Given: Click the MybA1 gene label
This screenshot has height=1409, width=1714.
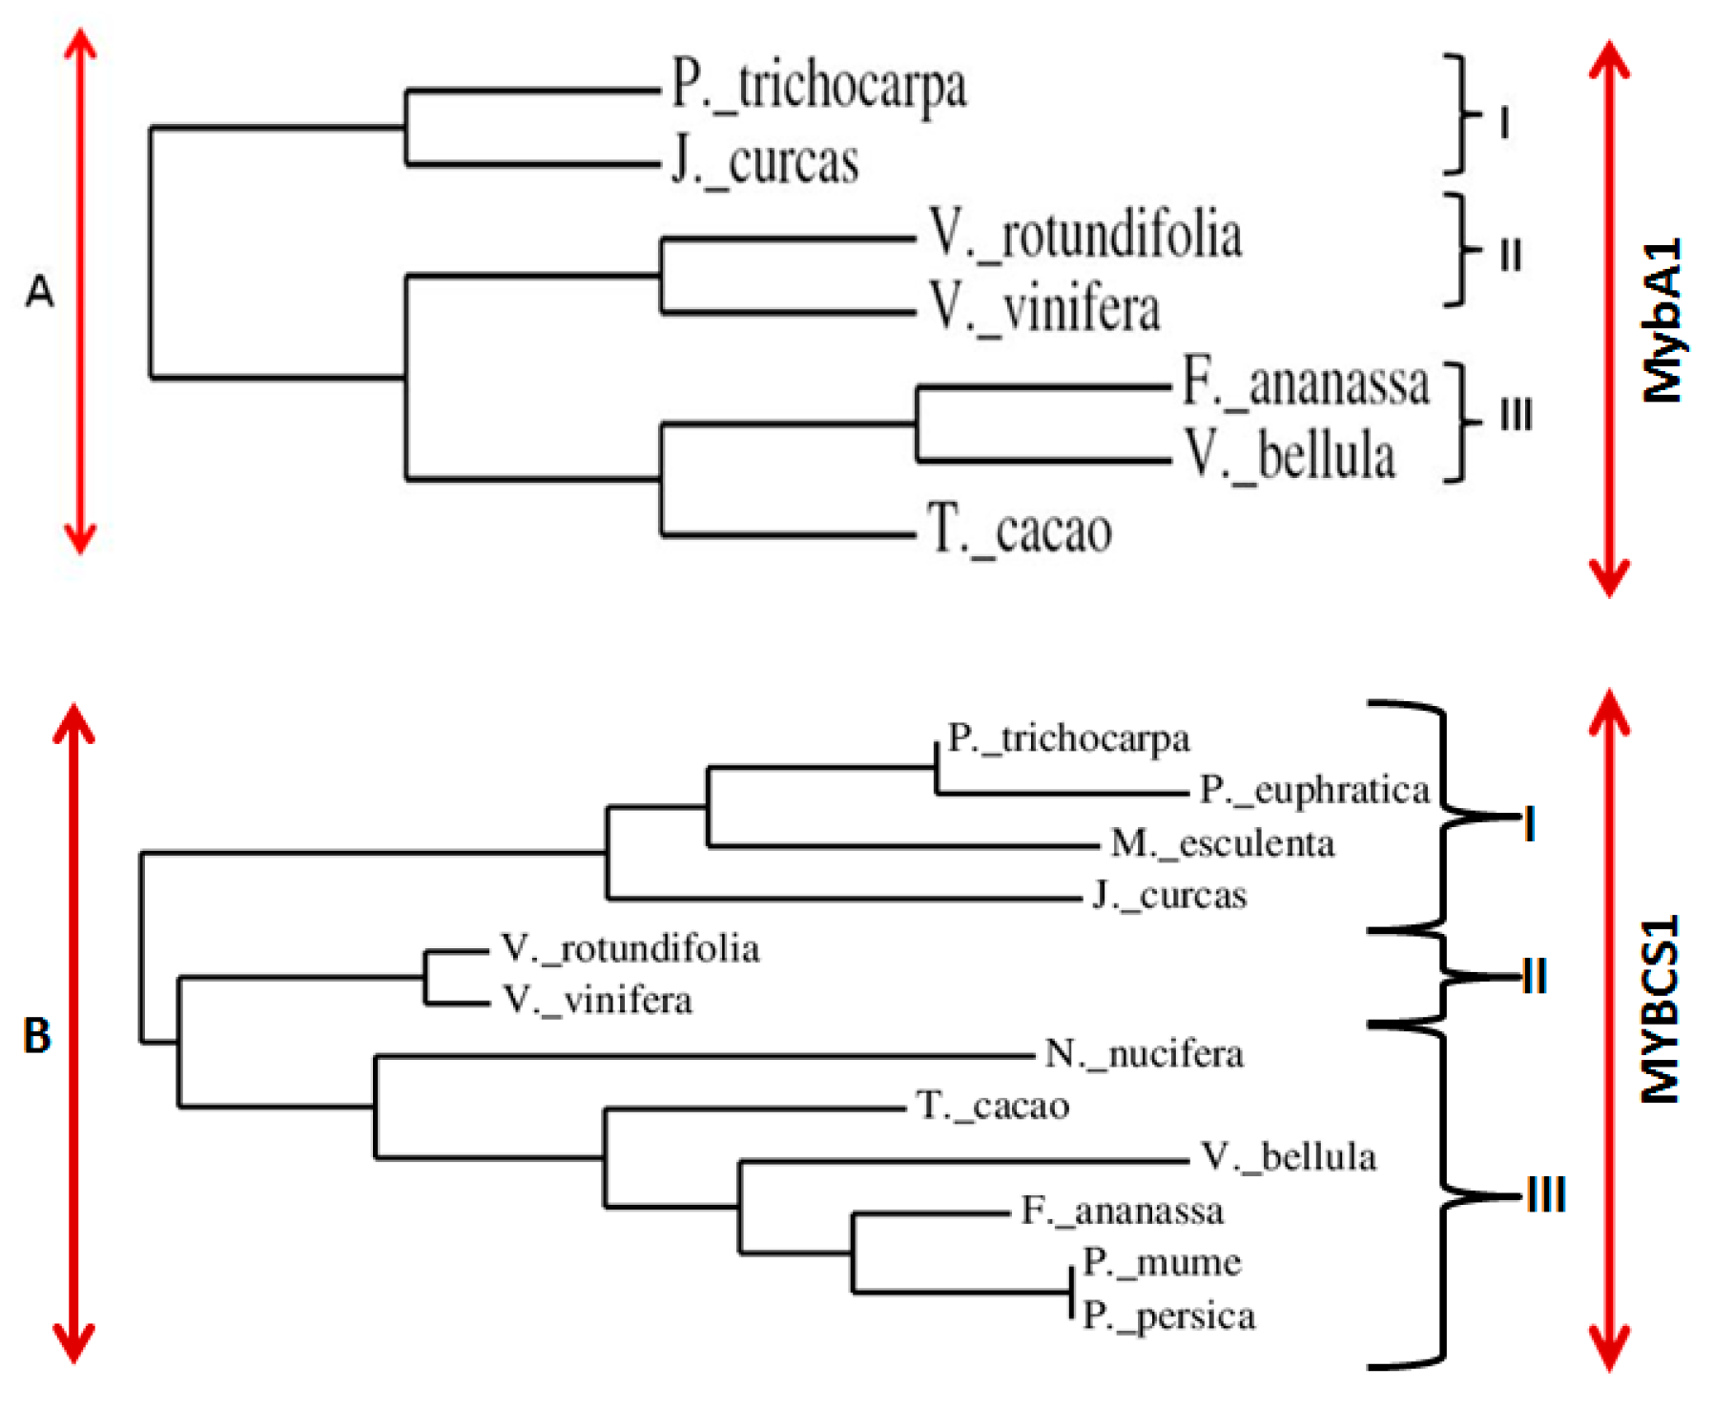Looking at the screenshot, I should tap(1662, 321).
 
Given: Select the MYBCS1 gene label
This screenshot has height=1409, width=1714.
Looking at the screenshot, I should tap(1660, 1009).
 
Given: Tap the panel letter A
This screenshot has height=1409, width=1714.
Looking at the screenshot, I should tap(39, 291).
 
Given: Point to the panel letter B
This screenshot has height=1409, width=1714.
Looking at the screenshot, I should tap(37, 1035).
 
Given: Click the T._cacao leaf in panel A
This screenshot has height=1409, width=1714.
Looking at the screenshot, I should tap(1019, 530).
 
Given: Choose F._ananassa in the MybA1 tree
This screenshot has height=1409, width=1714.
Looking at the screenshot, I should tap(1305, 383).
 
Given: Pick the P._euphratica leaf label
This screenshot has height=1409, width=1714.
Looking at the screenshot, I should tap(1314, 790).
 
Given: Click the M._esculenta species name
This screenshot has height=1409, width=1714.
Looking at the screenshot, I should tap(1222, 843).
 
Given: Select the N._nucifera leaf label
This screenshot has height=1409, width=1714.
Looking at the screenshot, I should tap(1144, 1054).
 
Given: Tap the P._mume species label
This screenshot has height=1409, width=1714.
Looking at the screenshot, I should tap(1161, 1262).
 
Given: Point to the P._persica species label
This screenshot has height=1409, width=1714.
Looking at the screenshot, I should tap(1168, 1316).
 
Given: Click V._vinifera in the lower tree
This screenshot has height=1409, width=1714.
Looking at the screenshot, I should tap(597, 1000).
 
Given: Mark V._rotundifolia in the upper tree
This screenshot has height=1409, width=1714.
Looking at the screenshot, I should tap(1085, 235).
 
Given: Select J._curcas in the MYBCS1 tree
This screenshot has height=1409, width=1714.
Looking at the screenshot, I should tap(1169, 896).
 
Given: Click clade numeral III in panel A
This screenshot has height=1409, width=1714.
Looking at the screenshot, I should tap(1516, 416).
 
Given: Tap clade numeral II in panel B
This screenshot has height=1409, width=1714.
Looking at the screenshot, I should tap(1534, 977).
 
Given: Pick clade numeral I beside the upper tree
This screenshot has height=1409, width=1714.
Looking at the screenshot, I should tap(1504, 123).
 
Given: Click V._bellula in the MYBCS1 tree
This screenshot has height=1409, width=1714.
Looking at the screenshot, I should tap(1288, 1157).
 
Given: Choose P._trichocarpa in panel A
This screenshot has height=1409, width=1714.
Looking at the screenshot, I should tap(818, 86).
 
